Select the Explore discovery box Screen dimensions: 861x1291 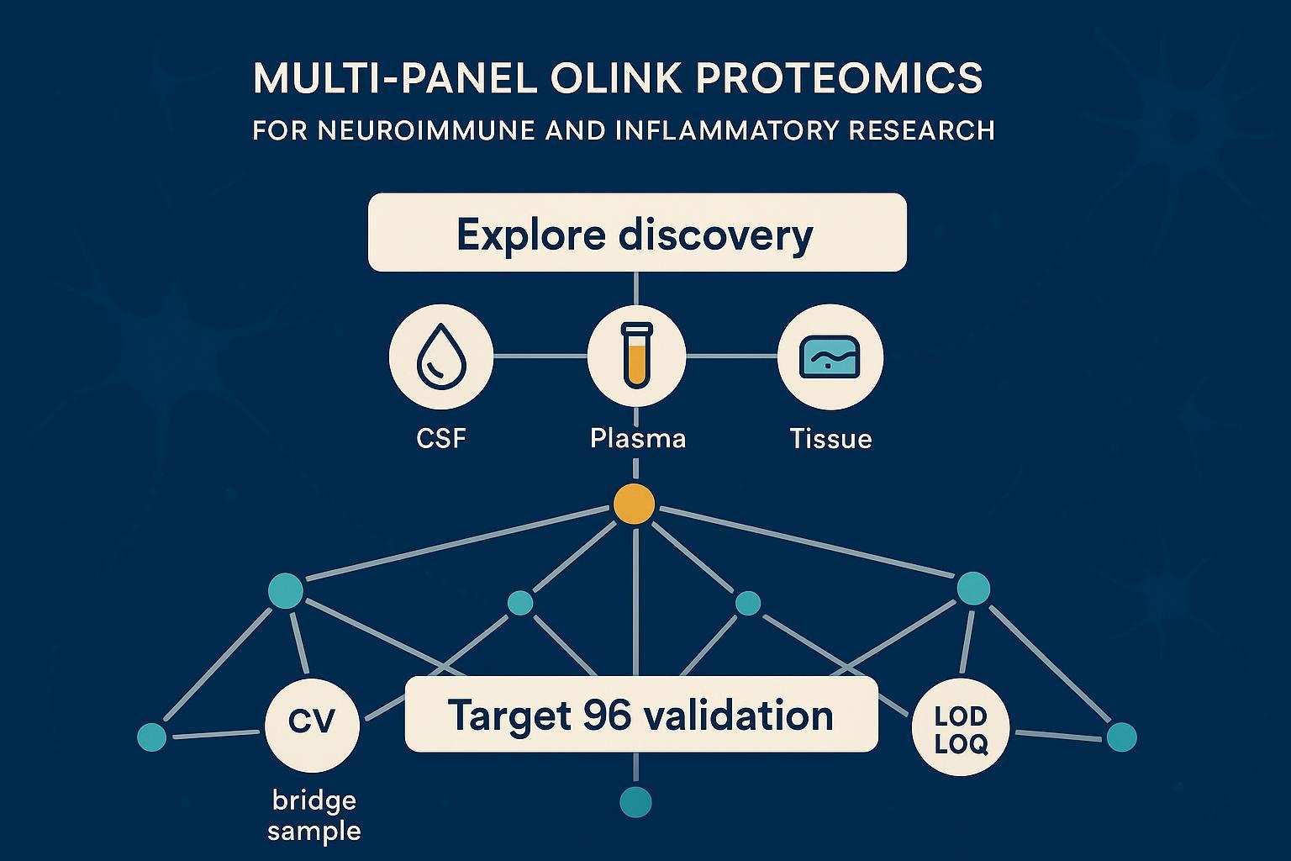tap(637, 233)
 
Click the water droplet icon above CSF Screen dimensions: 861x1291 tap(440, 357)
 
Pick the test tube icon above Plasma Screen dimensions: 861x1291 tap(636, 357)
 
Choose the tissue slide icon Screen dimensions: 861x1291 tap(830, 357)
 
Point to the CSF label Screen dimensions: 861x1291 tap(440, 438)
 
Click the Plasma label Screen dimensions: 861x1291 tap(637, 438)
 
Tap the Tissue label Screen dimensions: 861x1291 tap(830, 438)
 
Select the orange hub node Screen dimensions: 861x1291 tap(635, 504)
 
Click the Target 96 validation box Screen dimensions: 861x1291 tap(640, 715)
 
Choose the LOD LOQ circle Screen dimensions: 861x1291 tap(960, 728)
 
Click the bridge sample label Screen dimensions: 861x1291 tap(314, 816)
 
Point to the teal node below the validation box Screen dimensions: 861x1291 tap(635, 801)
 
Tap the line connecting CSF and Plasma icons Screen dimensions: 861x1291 tap(540, 357)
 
